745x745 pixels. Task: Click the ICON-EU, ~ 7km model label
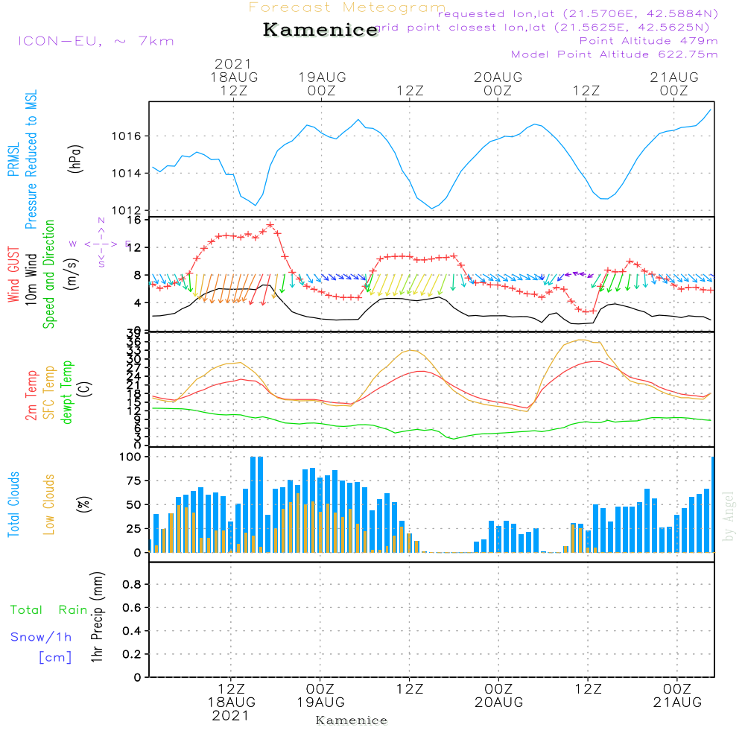[95, 41]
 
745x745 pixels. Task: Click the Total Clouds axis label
[13, 504]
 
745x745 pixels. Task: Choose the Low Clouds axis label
[49, 504]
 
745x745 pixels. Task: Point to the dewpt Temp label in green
[67, 393]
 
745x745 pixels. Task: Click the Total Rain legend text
[49, 610]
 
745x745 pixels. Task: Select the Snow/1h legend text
[42, 637]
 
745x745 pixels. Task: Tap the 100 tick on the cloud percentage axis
[130, 457]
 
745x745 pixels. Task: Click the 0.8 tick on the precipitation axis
[130, 585]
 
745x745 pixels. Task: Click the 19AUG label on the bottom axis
[320, 703]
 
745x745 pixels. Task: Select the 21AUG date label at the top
[674, 77]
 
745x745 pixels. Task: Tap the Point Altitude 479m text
[648, 40]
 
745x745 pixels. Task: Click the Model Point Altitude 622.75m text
[615, 54]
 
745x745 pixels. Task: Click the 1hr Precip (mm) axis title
[96, 618]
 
